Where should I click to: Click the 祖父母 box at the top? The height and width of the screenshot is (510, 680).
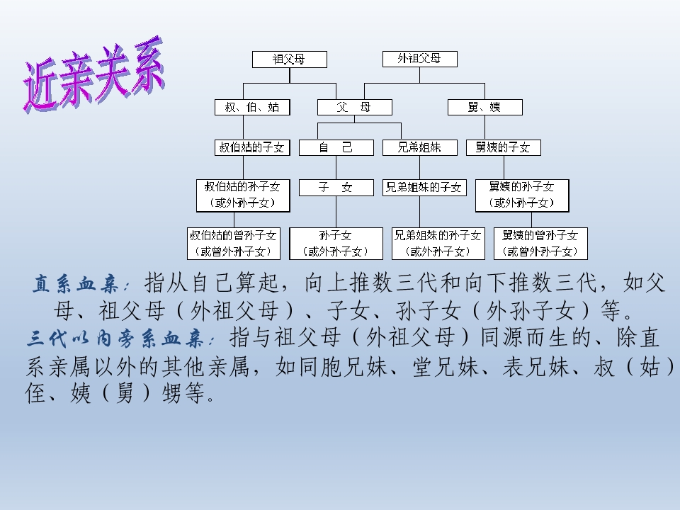(x=289, y=59)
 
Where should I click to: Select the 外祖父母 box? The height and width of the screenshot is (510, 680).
(x=420, y=59)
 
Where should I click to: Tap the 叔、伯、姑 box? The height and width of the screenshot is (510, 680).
(x=252, y=107)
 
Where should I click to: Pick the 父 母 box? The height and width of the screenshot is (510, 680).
(x=355, y=107)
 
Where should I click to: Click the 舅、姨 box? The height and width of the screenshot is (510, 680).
(x=484, y=107)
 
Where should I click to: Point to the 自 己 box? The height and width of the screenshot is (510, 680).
(x=336, y=147)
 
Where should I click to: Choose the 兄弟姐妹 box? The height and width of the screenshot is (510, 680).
(x=420, y=147)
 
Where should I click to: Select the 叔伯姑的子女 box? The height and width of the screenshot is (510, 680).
(x=252, y=147)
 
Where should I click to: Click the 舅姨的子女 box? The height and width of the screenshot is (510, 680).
(x=504, y=147)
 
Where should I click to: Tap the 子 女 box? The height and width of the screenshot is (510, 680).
(x=336, y=188)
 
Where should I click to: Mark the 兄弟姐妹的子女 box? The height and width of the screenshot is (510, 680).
(x=424, y=188)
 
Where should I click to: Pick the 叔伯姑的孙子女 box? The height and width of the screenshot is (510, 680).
(x=243, y=195)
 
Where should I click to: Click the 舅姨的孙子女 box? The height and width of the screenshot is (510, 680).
(x=522, y=195)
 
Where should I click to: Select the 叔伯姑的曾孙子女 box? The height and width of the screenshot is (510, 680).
(x=234, y=244)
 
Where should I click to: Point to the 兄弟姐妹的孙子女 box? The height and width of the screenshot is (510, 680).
(x=438, y=244)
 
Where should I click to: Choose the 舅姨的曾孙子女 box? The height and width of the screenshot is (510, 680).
(x=540, y=244)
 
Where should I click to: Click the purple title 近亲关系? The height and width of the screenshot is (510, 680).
(x=94, y=74)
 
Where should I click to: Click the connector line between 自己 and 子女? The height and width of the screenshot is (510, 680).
(x=336, y=167)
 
